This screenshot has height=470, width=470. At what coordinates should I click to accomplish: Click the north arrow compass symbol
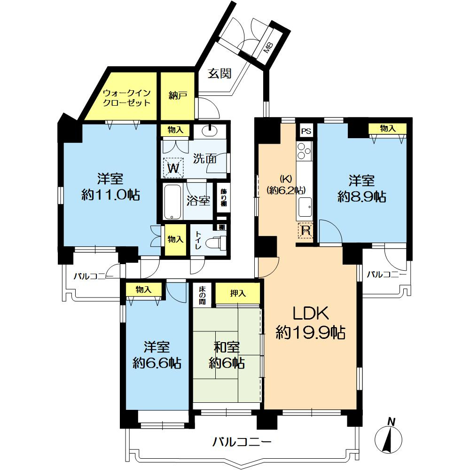[x=389, y=438]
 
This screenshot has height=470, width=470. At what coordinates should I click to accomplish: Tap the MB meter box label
[x=268, y=47]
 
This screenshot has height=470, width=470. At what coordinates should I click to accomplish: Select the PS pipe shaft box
[x=306, y=131]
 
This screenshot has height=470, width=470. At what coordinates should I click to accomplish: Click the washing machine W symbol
[x=173, y=168]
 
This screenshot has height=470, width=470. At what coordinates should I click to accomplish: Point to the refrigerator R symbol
[x=305, y=230]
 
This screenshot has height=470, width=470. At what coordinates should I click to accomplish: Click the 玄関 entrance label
[x=219, y=73]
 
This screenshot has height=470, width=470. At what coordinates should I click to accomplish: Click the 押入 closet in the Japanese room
[x=238, y=293]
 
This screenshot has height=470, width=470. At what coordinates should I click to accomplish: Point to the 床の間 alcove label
[x=202, y=295]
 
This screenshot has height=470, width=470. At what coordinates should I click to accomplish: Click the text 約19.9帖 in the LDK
[x=310, y=332]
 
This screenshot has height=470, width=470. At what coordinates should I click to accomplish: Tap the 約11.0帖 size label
[x=110, y=196]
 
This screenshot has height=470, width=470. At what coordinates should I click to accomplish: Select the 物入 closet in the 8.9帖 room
[x=388, y=129]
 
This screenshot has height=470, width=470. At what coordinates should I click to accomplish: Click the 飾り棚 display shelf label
[x=224, y=197]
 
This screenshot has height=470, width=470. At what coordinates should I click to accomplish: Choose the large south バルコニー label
[x=242, y=441]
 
